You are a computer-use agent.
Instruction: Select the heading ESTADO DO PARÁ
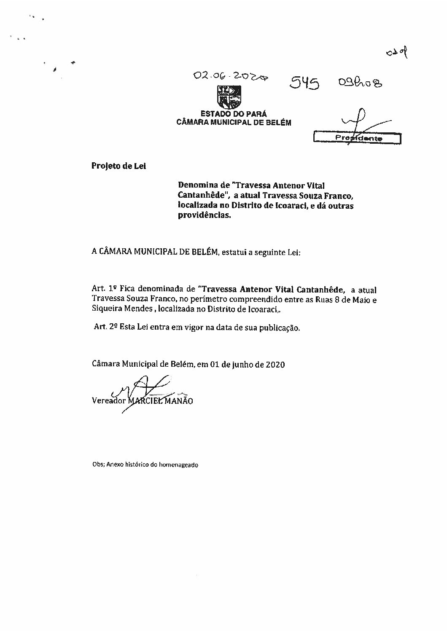(x=234, y=114)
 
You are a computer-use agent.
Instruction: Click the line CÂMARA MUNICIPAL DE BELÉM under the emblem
(x=233, y=122)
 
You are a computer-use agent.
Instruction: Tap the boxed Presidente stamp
(x=357, y=138)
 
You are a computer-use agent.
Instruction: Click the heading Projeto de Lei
(x=118, y=166)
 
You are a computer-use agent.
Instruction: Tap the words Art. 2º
(x=106, y=328)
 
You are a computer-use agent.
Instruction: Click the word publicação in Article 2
(x=280, y=328)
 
